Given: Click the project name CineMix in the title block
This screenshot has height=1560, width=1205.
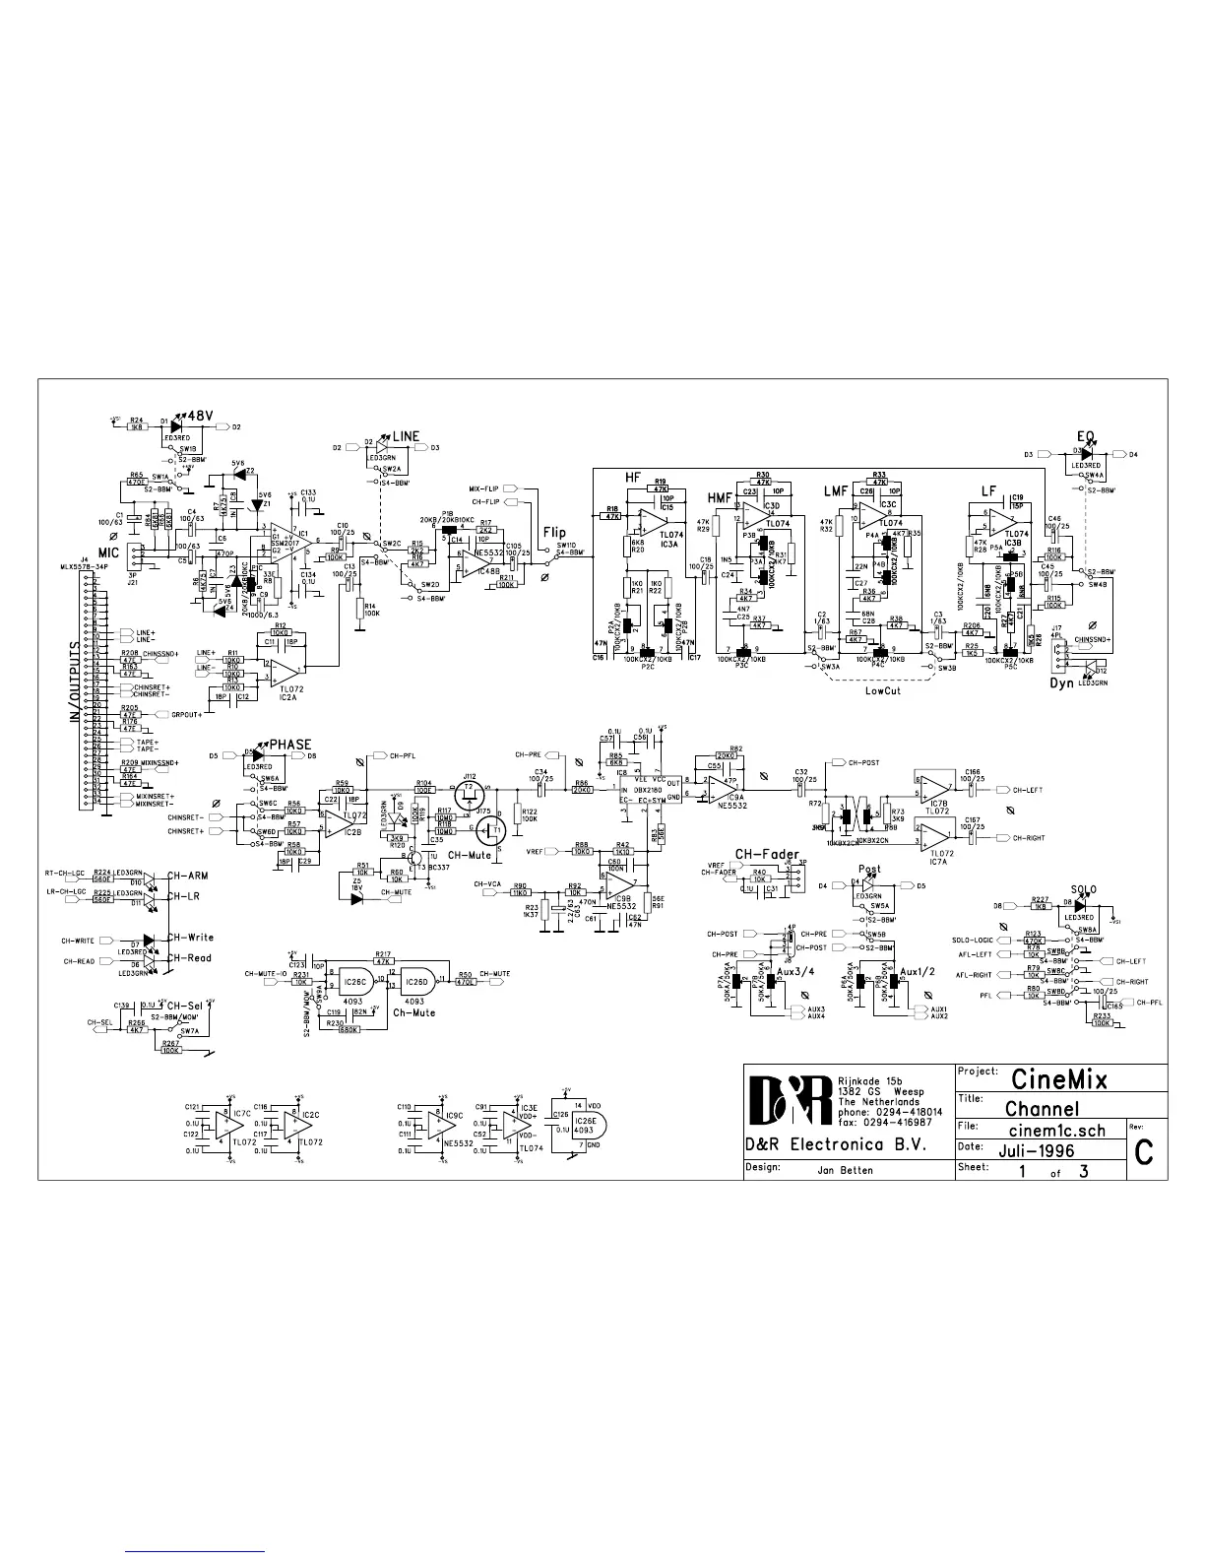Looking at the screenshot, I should pos(1058,1079).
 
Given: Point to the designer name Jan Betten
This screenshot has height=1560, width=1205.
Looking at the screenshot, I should pos(846,1170).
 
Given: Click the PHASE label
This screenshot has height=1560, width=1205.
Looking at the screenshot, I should pos(290,745).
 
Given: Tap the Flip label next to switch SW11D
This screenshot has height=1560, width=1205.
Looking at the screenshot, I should pos(554,533).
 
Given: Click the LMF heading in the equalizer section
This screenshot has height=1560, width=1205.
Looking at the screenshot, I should pos(836,490).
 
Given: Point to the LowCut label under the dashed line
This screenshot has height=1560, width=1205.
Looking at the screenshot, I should pos(882,690).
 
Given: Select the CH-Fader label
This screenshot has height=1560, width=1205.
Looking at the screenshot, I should pos(768,853).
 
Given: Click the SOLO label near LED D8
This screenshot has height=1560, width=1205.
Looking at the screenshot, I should pos(1083,889).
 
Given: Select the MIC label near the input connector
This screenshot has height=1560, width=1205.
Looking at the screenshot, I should pos(107,553).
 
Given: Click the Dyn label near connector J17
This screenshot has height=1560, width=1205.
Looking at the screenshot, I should pos(1061,682).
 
